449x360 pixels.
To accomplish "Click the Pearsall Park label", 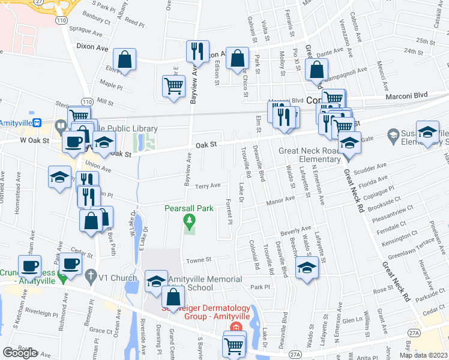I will coord(189,208).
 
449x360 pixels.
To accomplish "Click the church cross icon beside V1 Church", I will coord(91,277).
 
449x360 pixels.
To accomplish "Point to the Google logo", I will coord(20,353).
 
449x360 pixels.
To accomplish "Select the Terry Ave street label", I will coord(209,186).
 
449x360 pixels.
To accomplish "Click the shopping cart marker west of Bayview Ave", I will coord(173,86).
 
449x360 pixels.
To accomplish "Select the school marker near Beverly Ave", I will coord(307,268).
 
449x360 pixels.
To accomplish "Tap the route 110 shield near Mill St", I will coord(87,101).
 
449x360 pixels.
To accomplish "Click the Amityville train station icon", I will coord(37,122).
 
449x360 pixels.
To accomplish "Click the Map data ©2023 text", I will coord(423,355).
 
